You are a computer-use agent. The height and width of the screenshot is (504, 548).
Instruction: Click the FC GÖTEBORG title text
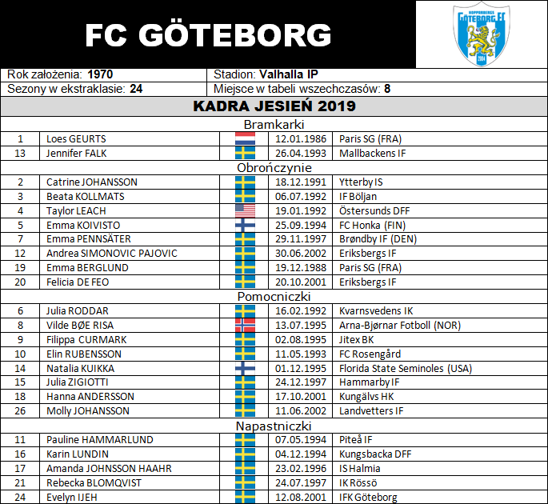207,34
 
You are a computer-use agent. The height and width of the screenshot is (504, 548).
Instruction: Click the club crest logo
481,34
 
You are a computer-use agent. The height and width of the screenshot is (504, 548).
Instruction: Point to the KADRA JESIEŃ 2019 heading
274,106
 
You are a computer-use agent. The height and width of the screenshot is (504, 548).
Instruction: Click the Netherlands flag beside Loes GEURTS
245,138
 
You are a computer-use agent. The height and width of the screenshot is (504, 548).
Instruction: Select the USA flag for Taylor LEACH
245,210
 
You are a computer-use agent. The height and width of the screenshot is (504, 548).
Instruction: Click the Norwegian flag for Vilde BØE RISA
245,325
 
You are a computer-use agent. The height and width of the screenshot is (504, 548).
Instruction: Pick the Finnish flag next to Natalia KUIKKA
245,368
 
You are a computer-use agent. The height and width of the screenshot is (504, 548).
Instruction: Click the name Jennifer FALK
77,153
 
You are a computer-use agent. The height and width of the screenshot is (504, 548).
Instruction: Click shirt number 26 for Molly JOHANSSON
21,411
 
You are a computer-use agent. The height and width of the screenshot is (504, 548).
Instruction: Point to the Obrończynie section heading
274,168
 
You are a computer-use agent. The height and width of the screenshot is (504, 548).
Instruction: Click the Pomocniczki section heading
274,297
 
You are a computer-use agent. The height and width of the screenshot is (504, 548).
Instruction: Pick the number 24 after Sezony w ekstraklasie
136,89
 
